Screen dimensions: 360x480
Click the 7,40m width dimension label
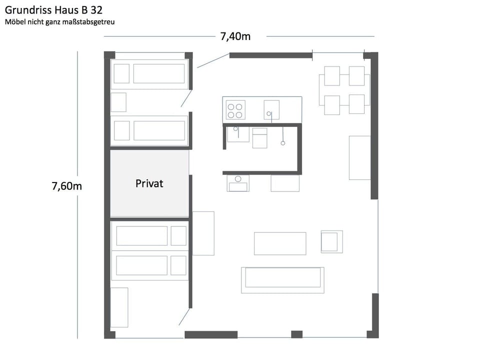(235, 36)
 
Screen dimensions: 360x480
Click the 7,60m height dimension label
(66, 186)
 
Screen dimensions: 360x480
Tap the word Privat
(149, 183)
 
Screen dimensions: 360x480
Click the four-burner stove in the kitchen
(235, 109)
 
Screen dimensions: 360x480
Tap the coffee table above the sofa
(279, 243)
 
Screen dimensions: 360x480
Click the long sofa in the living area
(282, 279)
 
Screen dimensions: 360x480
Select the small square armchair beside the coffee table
(331, 241)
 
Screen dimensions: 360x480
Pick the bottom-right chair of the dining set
(356, 104)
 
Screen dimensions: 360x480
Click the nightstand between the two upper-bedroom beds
(118, 102)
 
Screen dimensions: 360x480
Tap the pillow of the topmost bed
(121, 74)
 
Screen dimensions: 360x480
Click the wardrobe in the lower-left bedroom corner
(119, 307)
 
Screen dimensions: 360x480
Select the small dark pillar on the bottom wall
(296, 334)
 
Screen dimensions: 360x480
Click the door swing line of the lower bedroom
(184, 316)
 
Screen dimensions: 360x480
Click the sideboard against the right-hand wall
(359, 157)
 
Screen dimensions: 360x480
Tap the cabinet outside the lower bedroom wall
(203, 233)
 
